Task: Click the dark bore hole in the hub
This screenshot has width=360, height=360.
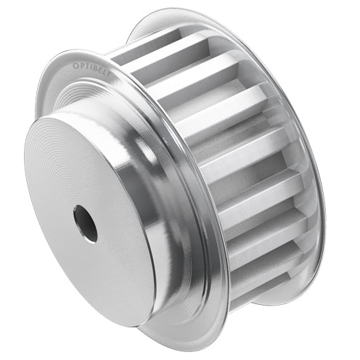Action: (85, 223)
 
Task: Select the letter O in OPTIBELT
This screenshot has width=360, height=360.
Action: (74, 65)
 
